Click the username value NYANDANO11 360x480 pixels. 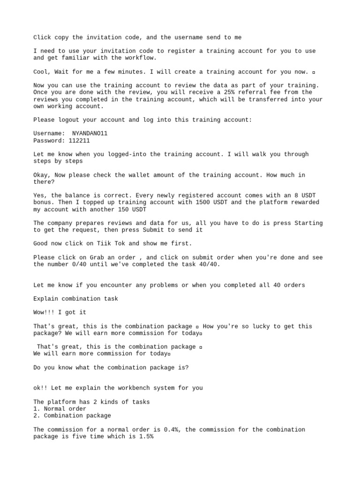pyautogui.click(x=90, y=133)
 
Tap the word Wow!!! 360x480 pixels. pyautogui.click(x=44, y=312)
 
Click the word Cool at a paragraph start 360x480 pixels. pyautogui.click(x=41, y=72)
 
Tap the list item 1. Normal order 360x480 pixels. pyautogui.click(x=60, y=409)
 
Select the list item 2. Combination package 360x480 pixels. pyautogui.click(x=72, y=416)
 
